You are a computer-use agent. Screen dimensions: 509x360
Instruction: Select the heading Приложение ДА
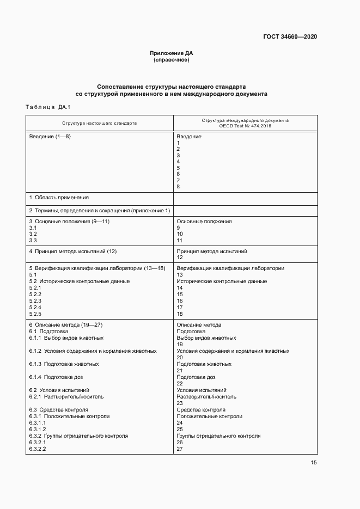click(x=172, y=53)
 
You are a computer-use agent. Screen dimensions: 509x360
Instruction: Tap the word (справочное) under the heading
click(x=172, y=60)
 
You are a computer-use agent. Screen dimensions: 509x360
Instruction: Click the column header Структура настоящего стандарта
click(x=99, y=123)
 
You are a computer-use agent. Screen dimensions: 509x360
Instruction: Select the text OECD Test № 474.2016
click(x=245, y=126)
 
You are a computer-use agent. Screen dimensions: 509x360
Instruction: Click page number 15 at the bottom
click(x=314, y=463)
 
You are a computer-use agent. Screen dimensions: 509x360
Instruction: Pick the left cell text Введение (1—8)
click(x=50, y=137)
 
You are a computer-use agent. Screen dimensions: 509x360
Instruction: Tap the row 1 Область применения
click(x=59, y=198)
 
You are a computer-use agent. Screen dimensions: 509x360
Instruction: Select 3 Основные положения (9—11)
click(x=69, y=222)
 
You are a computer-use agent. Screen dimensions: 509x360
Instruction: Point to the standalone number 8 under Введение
click(x=178, y=187)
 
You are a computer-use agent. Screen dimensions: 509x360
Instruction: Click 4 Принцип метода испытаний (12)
click(x=73, y=252)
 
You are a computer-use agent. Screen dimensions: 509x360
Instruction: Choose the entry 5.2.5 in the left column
click(x=35, y=314)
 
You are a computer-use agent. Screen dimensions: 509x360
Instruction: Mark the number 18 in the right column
click(x=180, y=314)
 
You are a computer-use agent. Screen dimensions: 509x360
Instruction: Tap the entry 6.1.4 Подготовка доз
click(x=56, y=377)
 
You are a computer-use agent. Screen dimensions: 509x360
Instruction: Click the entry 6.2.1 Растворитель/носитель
click(x=66, y=397)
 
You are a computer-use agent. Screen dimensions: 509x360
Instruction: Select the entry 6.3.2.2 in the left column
click(x=37, y=449)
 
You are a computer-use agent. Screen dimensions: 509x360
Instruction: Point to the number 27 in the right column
click(x=180, y=449)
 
